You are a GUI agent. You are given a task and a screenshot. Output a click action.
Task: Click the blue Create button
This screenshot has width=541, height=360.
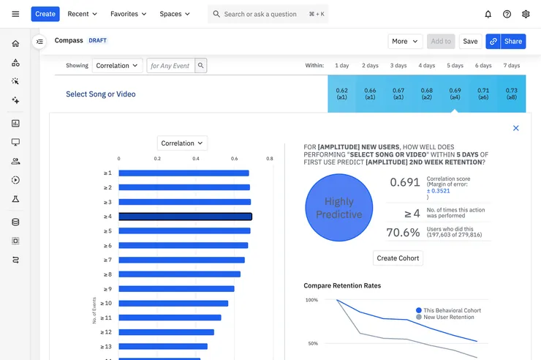(45, 14)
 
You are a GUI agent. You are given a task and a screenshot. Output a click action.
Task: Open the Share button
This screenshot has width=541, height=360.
(505, 42)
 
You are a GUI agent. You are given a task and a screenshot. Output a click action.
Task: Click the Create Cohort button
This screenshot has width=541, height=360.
(398, 258)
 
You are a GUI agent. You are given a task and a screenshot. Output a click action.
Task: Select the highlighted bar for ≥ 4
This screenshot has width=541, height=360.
(185, 217)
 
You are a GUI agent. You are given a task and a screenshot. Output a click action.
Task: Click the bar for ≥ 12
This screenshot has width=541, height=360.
(166, 332)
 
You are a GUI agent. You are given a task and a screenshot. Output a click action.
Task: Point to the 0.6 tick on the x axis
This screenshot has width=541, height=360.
(235, 159)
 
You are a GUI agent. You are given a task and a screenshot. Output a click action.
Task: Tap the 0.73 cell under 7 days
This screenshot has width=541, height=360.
(511, 94)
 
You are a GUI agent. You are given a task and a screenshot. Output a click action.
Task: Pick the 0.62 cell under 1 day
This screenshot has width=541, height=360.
(341, 94)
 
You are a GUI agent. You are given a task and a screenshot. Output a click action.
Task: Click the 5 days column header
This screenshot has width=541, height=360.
(455, 66)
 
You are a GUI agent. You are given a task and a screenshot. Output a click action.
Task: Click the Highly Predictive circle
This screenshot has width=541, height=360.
(338, 208)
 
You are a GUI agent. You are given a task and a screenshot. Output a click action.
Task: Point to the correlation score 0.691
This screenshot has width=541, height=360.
(405, 182)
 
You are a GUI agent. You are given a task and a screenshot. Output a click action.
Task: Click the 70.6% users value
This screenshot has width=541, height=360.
(403, 233)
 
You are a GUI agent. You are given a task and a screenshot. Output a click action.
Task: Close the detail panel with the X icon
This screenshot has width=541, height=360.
(515, 128)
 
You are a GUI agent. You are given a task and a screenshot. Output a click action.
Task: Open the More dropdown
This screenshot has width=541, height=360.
(405, 42)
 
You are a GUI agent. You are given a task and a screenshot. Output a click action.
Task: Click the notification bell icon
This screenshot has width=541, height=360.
(488, 14)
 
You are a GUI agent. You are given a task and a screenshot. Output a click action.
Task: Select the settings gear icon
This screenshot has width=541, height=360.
(526, 14)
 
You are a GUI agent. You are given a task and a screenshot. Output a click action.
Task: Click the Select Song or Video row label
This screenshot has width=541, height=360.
(101, 94)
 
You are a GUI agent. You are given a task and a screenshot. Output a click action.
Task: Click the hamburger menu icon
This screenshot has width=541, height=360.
(15, 14)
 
